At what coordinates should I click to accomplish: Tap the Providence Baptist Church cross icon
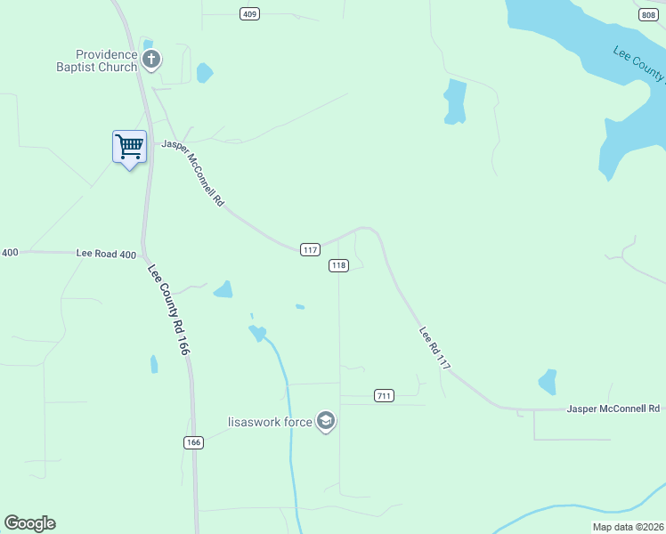pyautogui.click(x=151, y=61)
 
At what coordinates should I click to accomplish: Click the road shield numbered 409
pyautogui.click(x=250, y=13)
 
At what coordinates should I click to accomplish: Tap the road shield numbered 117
pyautogui.click(x=310, y=250)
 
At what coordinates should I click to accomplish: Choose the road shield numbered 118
pyautogui.click(x=338, y=265)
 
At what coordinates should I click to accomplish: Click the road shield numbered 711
pyautogui.click(x=384, y=395)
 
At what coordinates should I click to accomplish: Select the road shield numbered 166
pyautogui.click(x=195, y=442)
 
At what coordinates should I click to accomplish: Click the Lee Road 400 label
pyautogui.click(x=106, y=254)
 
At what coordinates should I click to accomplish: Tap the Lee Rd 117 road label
pyautogui.click(x=435, y=348)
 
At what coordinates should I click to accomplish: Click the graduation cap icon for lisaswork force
pyautogui.click(x=326, y=421)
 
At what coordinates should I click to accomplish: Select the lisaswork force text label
pyautogui.click(x=270, y=421)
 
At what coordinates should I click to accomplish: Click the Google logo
pyautogui.click(x=29, y=523)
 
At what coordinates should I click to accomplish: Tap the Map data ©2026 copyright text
pyautogui.click(x=628, y=527)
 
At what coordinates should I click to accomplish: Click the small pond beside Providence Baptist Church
pyautogui.click(x=205, y=73)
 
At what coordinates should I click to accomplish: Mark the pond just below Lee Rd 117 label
pyautogui.click(x=548, y=382)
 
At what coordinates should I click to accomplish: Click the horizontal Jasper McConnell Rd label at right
pyautogui.click(x=613, y=409)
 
